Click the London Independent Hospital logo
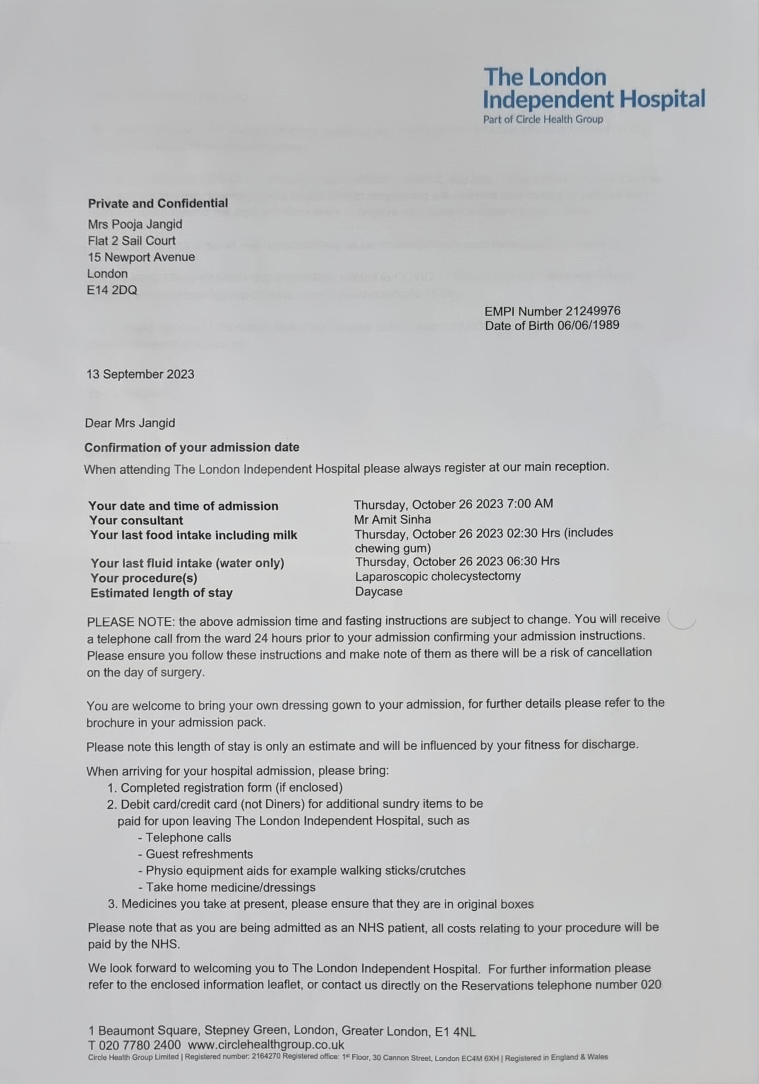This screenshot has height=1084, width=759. (593, 94)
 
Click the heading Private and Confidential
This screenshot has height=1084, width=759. (158, 203)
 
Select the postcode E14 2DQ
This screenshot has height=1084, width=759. (112, 290)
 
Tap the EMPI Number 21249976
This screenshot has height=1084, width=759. (552, 311)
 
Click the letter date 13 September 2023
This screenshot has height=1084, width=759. (140, 374)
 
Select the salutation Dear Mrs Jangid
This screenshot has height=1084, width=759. (130, 423)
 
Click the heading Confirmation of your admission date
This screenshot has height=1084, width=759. (192, 447)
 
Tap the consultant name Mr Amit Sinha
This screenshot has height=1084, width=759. (392, 519)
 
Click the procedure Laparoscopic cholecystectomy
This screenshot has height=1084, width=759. (438, 576)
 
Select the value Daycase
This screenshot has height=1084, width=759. (378, 591)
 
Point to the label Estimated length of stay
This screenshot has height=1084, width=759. (161, 593)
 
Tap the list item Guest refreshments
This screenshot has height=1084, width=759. (199, 854)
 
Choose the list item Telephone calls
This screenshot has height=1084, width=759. (188, 837)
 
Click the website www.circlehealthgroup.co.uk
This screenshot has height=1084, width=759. (266, 1045)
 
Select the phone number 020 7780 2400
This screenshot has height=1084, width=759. (139, 1045)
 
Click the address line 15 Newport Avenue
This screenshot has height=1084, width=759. (141, 257)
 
